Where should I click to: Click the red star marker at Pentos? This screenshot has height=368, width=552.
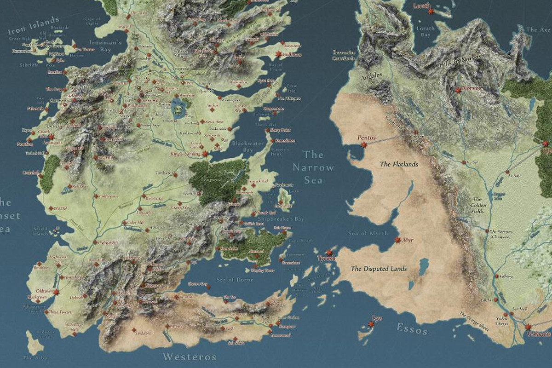tap(364, 144)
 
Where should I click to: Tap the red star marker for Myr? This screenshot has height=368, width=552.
tap(397, 240)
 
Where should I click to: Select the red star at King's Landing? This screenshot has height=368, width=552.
tap(205, 154)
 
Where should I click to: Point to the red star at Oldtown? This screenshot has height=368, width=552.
tap(56, 292)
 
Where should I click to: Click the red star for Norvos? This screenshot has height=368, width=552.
tap(458, 91)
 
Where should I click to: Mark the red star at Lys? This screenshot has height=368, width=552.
tap(371, 324)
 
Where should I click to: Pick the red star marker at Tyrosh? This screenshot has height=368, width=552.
tap(329, 253)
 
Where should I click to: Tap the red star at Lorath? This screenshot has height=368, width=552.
tap(431, 11)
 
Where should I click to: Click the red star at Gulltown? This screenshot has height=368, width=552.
tap(278, 55)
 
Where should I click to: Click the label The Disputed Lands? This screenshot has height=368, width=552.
tap(379, 269)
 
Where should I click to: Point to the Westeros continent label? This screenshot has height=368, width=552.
tap(190, 356)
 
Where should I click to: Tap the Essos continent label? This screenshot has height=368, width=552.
tap(412, 329)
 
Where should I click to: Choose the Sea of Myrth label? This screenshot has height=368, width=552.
tap(368, 233)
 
